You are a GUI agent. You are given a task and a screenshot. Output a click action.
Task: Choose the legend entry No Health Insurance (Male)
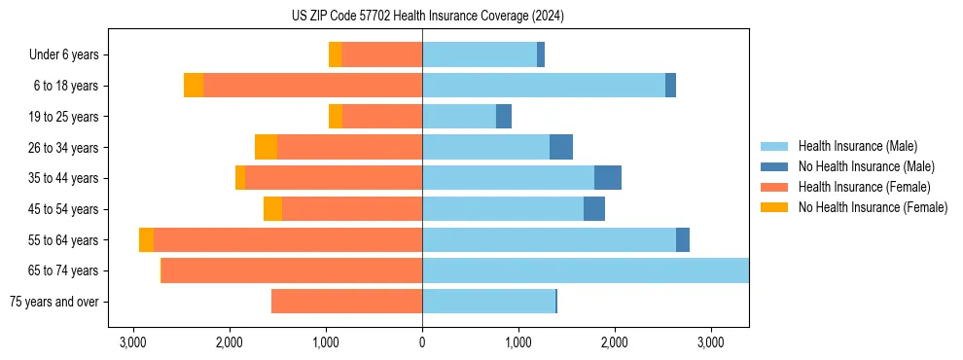point(866,166)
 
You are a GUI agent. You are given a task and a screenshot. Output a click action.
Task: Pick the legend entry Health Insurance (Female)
point(864,187)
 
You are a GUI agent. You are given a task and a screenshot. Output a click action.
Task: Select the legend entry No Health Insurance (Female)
point(873,207)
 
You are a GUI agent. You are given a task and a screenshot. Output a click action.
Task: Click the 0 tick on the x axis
point(422,342)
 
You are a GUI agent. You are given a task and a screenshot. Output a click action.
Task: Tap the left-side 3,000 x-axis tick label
point(133,342)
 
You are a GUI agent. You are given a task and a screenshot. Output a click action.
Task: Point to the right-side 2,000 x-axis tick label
point(615,342)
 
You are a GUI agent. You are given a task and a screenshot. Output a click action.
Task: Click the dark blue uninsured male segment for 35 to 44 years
point(608,178)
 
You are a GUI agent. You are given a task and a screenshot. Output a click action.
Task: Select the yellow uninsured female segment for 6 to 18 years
point(194,86)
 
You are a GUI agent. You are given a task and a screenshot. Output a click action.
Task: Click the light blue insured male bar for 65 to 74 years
point(585,270)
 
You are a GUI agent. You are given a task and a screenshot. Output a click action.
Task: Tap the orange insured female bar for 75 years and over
point(346,302)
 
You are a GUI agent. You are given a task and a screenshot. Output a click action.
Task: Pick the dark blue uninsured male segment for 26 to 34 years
point(561,147)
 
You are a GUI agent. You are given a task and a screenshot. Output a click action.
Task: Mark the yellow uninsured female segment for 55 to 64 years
point(146,239)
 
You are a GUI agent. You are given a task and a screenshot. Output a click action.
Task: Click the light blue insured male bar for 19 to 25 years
point(459,117)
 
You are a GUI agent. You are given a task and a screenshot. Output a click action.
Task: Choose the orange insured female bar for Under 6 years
point(381,55)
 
